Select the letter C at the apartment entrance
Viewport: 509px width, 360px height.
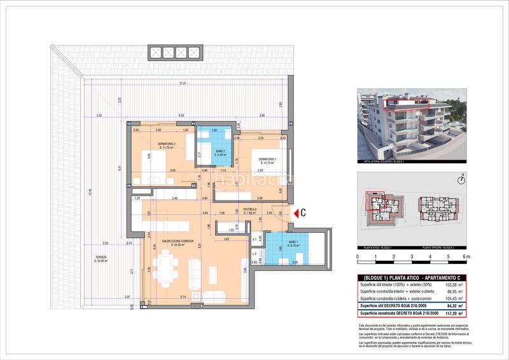pyautogui.click(x=304, y=214)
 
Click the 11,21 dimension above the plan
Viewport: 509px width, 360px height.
pyautogui.click(x=183, y=84)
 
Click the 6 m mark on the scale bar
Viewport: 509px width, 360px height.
pyautogui.click(x=466, y=257)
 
